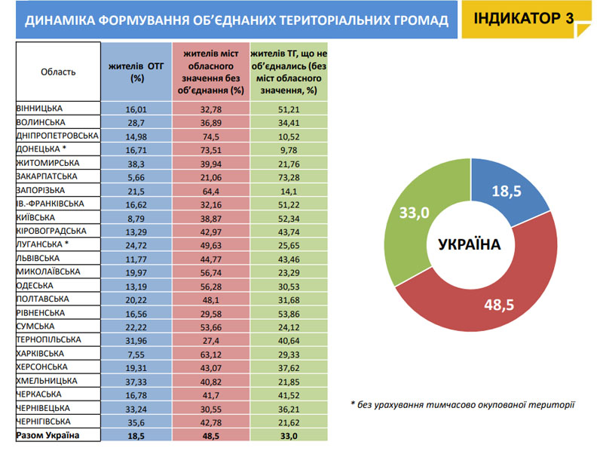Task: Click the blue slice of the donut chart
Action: point(507,191)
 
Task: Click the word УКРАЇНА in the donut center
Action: point(470,245)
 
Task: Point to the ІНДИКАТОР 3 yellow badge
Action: point(526,19)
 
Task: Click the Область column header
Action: point(58,72)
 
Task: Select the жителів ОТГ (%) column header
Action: point(136,72)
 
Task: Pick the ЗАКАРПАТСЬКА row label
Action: point(47,176)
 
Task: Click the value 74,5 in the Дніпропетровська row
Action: point(211,137)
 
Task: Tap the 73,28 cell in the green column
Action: point(289,177)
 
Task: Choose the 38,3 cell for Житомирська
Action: point(136,164)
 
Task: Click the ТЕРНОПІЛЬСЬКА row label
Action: point(48,340)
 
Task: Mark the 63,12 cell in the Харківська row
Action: point(211,354)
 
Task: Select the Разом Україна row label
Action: point(47,436)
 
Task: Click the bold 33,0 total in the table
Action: point(289,437)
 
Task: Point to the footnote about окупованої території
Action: point(463,405)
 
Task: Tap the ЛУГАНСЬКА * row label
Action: point(42,244)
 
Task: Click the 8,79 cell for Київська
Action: point(136,219)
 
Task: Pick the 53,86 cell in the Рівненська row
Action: point(289,314)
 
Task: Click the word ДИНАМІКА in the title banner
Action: point(60,21)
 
